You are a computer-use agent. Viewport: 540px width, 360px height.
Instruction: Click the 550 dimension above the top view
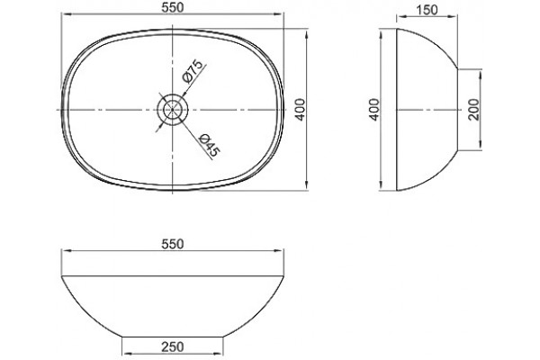coord(172,7)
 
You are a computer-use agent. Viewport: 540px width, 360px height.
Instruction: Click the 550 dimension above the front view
coord(172,244)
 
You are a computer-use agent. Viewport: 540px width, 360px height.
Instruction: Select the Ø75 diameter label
coord(192,72)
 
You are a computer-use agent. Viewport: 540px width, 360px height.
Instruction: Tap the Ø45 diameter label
coord(210,145)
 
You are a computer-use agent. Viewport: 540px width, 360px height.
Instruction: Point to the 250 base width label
coord(173,346)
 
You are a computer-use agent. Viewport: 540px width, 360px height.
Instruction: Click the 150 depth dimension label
coord(427,10)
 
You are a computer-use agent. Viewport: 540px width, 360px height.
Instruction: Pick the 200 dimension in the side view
coord(474,110)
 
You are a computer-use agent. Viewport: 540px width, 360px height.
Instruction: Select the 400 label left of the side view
coord(374,110)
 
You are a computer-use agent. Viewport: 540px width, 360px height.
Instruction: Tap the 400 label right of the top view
coord(301,110)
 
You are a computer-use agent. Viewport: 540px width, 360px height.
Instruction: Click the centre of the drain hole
coord(172,110)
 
